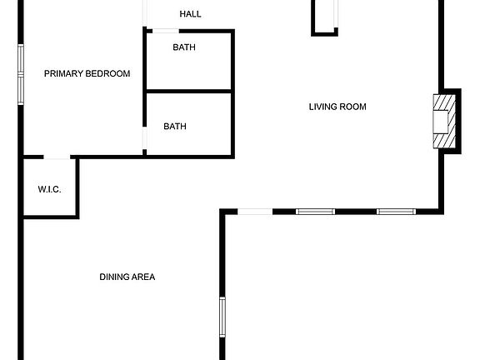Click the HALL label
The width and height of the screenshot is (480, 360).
[x=190, y=14]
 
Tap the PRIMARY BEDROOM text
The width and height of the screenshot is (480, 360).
[x=87, y=73]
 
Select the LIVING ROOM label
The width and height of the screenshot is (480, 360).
[x=337, y=107]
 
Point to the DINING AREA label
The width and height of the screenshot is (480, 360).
[x=127, y=277]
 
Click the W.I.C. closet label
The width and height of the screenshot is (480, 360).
[x=49, y=189]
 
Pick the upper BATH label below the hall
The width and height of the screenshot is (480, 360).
[x=184, y=47]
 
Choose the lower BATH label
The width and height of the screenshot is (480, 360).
[x=175, y=126]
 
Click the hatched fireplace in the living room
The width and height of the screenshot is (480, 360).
[x=444, y=122]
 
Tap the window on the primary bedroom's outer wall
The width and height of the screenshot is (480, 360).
[x=21, y=74]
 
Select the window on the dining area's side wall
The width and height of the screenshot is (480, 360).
[x=222, y=317]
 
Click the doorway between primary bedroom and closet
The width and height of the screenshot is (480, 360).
[x=57, y=157]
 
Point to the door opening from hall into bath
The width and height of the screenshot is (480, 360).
[x=166, y=31]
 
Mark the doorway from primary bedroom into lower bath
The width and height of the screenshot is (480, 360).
[x=144, y=138]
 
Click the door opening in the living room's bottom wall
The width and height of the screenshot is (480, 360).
[x=255, y=212]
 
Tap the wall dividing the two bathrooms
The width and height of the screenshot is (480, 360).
[x=189, y=91]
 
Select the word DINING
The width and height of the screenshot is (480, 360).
[x=112, y=277]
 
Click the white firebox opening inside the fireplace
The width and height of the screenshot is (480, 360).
[x=440, y=122]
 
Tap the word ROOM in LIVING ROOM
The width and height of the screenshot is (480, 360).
[x=352, y=107]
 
